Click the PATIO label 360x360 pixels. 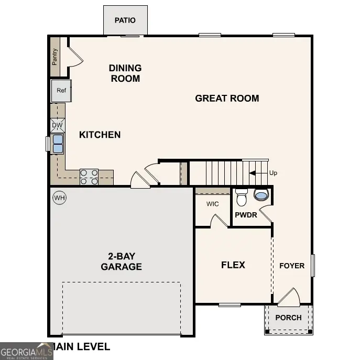[x=125, y=20]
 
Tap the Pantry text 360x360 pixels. [x=54, y=57]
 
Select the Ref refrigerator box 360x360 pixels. [x=61, y=91]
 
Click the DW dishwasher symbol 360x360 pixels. [x=58, y=126]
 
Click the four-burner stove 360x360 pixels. [x=89, y=177]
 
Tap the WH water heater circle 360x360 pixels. [x=59, y=198]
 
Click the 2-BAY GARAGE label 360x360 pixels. [x=121, y=261]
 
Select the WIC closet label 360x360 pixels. [x=212, y=203]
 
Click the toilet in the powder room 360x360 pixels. [x=242, y=198]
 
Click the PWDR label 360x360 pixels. [x=245, y=215]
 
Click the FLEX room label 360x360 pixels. [x=233, y=265]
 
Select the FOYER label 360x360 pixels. [x=291, y=266]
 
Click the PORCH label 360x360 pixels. [x=288, y=318]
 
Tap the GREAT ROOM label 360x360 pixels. [x=227, y=98]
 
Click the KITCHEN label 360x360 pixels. [x=100, y=135]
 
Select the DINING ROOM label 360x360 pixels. [x=125, y=73]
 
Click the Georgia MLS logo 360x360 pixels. [x=26, y=351]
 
